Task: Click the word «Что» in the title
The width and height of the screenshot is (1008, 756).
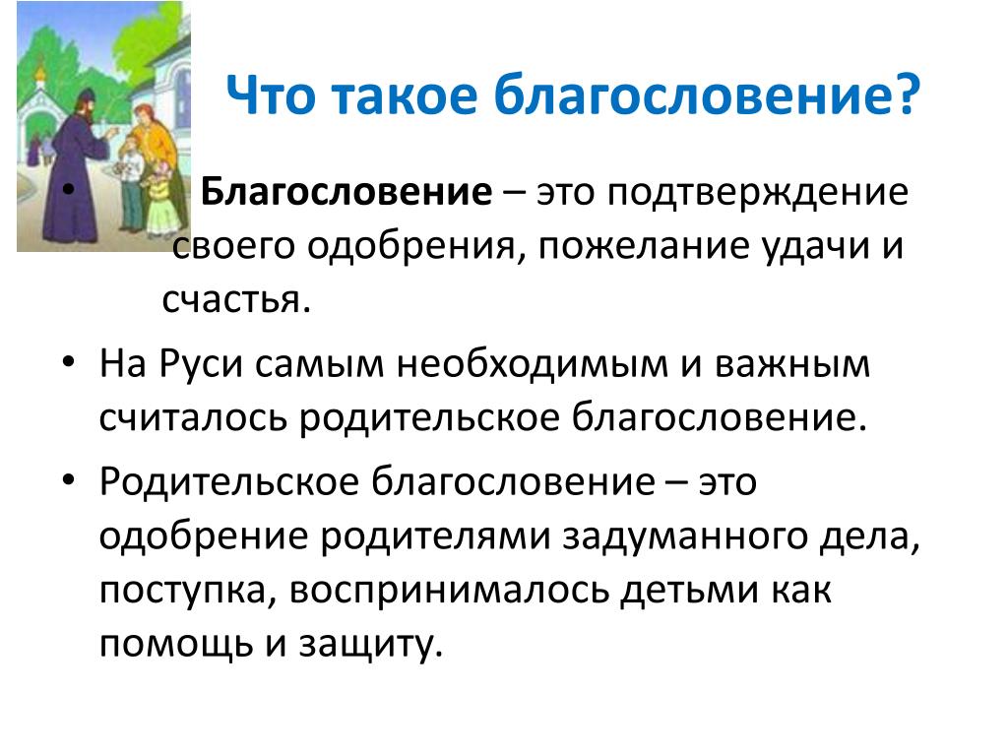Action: click(271, 94)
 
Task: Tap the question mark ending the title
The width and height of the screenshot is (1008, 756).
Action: click(908, 94)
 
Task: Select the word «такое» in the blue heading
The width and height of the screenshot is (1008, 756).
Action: click(405, 95)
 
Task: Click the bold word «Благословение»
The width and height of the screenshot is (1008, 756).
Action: click(346, 192)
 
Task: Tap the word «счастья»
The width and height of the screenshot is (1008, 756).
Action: click(236, 300)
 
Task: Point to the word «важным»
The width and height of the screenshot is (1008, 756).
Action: click(792, 365)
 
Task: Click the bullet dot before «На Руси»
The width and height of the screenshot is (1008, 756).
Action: click(69, 361)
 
